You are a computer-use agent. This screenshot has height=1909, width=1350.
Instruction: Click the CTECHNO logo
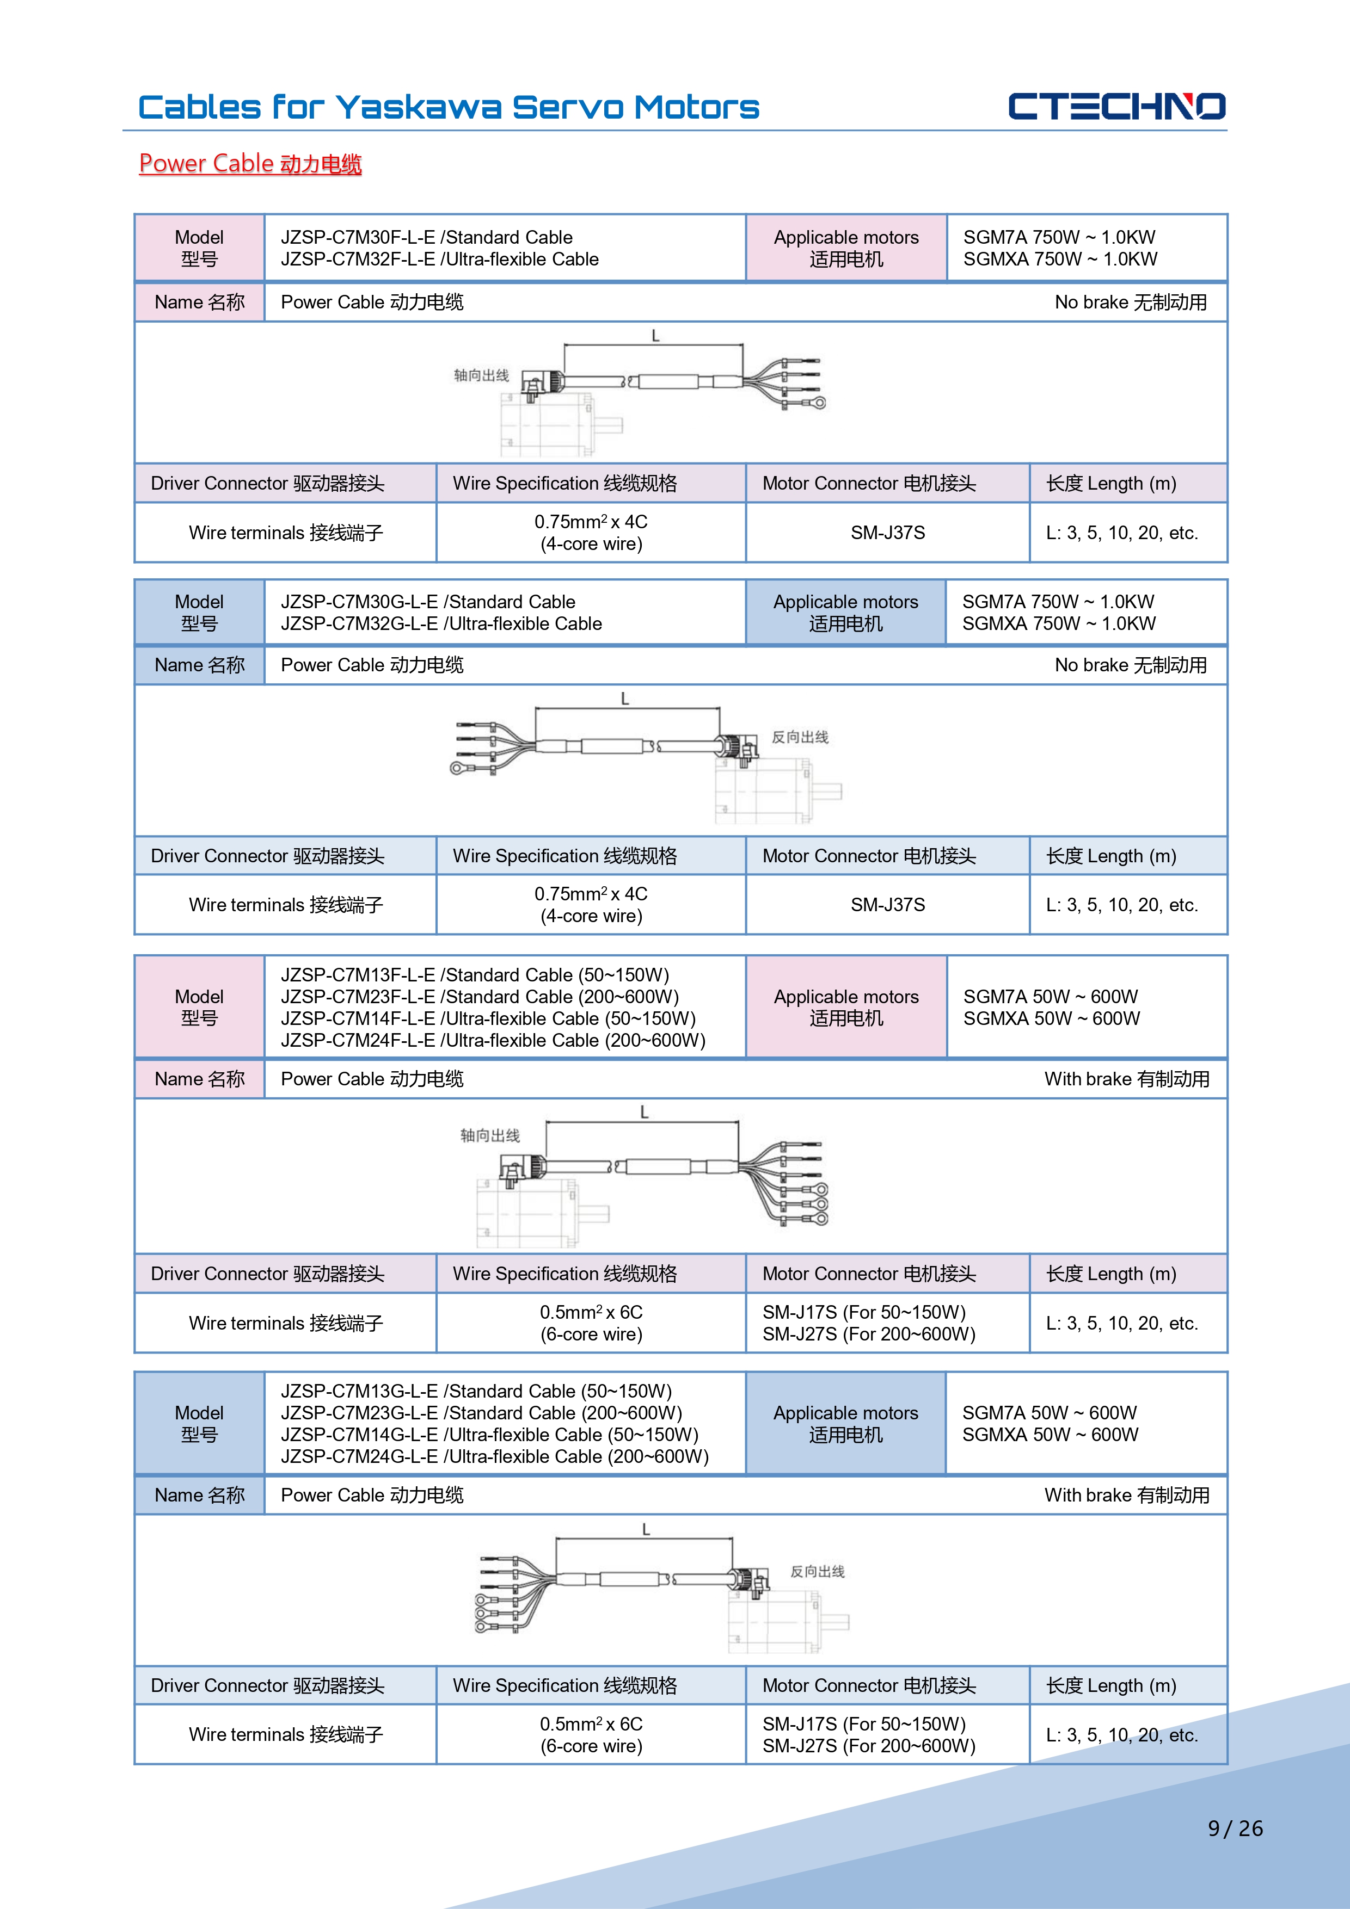click(1116, 107)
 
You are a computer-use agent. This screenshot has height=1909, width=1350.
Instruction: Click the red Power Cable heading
click(250, 164)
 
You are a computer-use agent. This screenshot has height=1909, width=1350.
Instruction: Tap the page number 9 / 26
click(1235, 1828)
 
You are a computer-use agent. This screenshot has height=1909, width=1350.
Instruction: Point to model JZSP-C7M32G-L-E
click(359, 623)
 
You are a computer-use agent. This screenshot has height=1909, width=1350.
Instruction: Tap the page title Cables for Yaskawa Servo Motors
click(449, 107)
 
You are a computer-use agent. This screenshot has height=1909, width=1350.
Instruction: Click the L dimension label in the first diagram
click(655, 336)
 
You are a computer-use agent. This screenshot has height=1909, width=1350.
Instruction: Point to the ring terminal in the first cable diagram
click(819, 403)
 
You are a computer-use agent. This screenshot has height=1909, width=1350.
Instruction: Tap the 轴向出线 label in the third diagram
click(490, 1136)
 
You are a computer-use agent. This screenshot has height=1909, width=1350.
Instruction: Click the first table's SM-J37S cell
click(887, 533)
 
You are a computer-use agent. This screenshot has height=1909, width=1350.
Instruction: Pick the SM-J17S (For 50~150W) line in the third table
click(863, 1312)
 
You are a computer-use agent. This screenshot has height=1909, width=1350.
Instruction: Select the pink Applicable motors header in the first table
click(846, 248)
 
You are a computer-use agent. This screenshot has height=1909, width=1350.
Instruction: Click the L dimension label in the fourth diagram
click(646, 1529)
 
